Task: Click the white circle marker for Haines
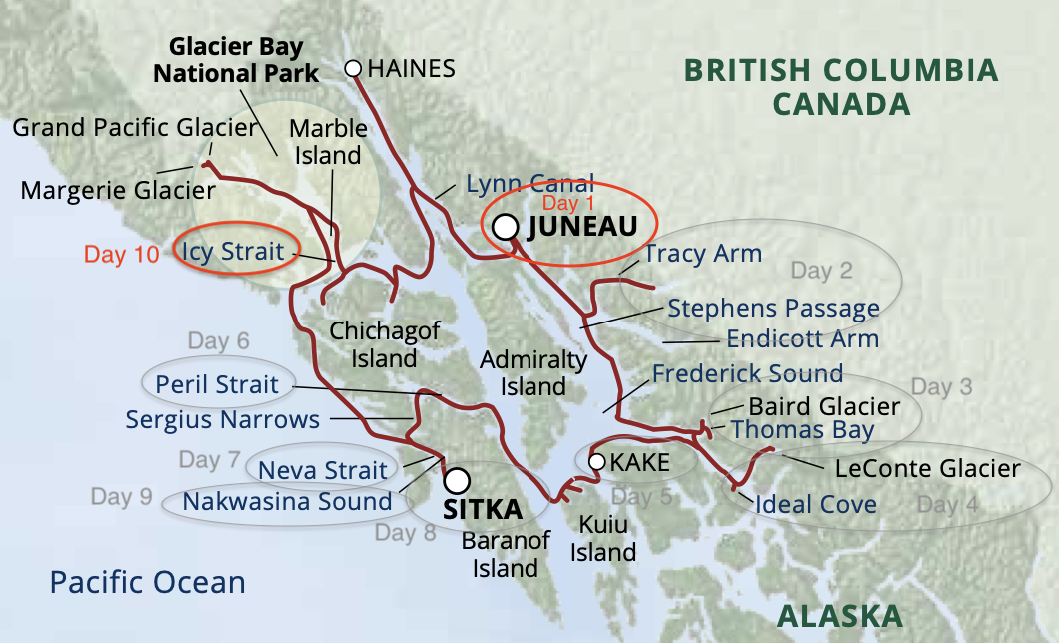tap(352, 68)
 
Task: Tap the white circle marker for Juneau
tap(507, 226)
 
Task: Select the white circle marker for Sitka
tap(457, 481)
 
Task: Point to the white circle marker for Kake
tap(596, 461)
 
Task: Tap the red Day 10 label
tap(121, 254)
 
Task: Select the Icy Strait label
tap(233, 251)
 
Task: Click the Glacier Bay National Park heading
tap(243, 60)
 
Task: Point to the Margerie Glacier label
tap(118, 190)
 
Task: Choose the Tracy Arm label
tap(703, 253)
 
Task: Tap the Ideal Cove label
tap(815, 504)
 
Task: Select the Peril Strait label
tap(217, 384)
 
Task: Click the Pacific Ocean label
tap(148, 582)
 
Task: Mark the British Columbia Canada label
tap(840, 86)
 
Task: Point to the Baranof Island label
tap(506, 555)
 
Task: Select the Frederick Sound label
tap(747, 374)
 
